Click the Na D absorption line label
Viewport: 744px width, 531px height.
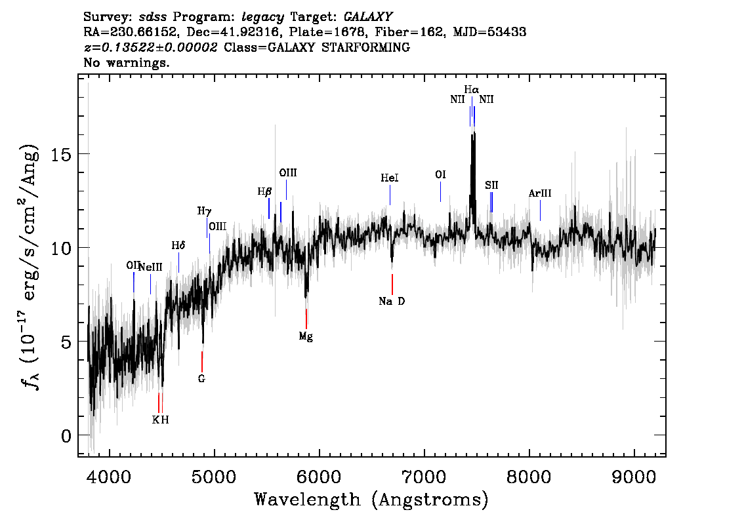tap(392, 302)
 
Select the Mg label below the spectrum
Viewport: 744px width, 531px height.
tap(306, 336)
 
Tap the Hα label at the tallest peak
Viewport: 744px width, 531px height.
tap(471, 89)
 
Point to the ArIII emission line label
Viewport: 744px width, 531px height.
tap(540, 193)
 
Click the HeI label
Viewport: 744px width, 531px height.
tap(390, 178)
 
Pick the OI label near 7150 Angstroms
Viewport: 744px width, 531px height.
tap(440, 175)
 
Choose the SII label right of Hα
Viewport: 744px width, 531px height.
tap(491, 186)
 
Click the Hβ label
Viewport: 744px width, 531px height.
tap(264, 192)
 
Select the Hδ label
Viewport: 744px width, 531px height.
tap(178, 245)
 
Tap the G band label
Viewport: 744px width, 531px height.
tap(201, 378)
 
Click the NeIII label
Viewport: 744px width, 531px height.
tap(150, 266)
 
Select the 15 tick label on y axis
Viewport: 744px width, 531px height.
tap(60, 154)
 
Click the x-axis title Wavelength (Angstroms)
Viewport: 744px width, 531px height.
tap(371, 500)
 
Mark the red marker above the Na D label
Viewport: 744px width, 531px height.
tap(392, 285)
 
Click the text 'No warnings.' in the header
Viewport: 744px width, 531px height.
tap(127, 63)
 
